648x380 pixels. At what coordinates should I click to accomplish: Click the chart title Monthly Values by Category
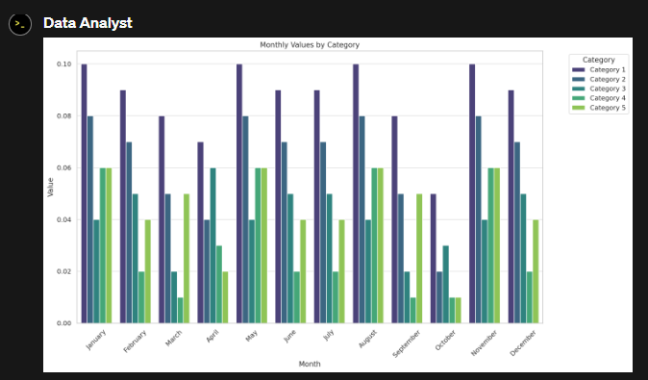click(x=310, y=45)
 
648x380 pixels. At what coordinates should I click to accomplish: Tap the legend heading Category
click(x=598, y=60)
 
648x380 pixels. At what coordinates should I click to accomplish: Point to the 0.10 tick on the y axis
click(x=63, y=64)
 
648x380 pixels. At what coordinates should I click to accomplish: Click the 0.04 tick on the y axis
click(x=63, y=219)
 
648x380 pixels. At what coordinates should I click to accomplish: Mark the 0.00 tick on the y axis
click(x=63, y=323)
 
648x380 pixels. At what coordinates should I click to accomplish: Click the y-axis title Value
click(x=50, y=188)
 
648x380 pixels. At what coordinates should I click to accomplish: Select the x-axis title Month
click(x=310, y=364)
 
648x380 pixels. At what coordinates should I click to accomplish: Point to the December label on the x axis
click(x=522, y=342)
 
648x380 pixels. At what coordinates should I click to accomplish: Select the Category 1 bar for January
click(x=85, y=192)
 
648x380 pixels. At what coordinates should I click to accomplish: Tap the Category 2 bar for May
click(x=245, y=219)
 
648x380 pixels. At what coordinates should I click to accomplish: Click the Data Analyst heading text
click(x=87, y=22)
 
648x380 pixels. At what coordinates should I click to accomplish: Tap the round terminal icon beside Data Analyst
click(x=20, y=24)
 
